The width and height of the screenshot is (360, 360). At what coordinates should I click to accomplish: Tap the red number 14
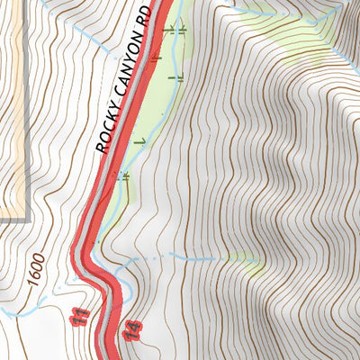pos(134,331)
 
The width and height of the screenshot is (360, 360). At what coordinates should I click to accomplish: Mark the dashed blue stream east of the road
pos(180,257)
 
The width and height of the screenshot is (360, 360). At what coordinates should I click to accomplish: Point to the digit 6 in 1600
pos(34,274)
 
